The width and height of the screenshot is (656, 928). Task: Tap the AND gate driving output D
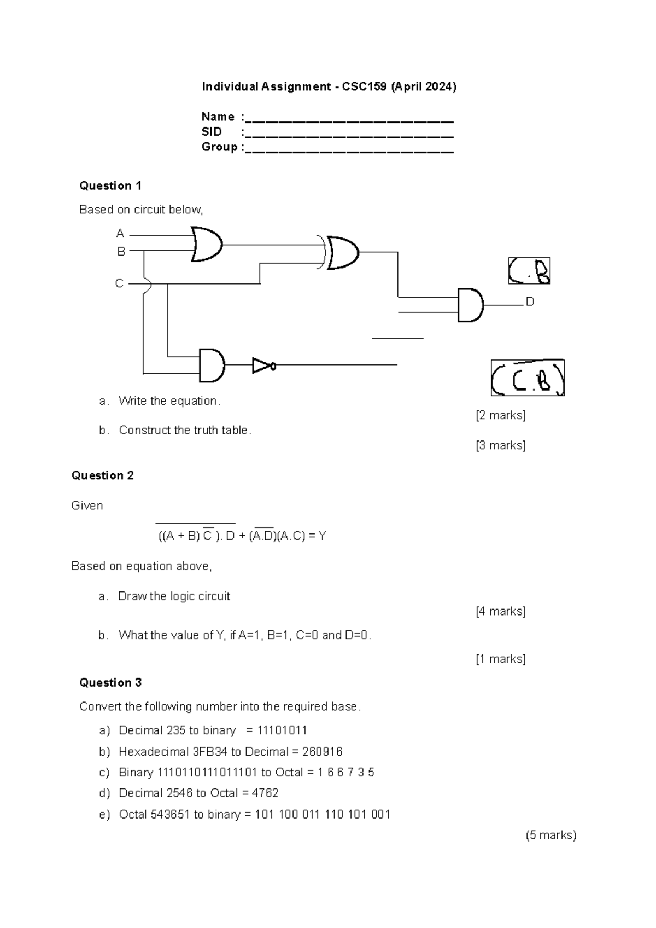click(x=470, y=305)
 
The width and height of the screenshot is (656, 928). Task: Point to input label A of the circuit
click(x=120, y=234)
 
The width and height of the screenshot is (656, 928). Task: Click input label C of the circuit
click(x=119, y=283)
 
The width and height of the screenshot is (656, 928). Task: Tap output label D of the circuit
click(x=530, y=301)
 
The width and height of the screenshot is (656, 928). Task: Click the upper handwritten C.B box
click(x=529, y=271)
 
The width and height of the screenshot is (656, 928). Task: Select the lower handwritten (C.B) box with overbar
click(x=528, y=378)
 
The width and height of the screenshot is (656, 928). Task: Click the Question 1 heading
click(x=110, y=186)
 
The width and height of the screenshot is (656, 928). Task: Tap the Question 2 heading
click(x=103, y=475)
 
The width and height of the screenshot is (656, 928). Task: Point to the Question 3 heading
click(x=110, y=682)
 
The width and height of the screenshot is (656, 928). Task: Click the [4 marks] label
click(x=501, y=611)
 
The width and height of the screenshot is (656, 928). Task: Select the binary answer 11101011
click(x=283, y=730)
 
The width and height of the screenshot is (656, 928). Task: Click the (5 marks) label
click(x=551, y=836)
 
